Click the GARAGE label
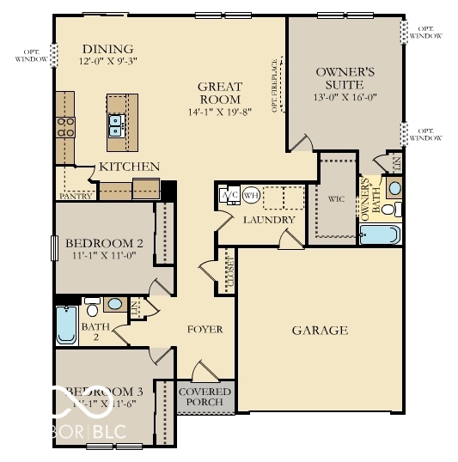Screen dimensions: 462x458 point(319,330)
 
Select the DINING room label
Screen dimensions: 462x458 point(108,49)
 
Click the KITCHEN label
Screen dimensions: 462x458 point(129,167)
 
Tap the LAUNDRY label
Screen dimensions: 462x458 point(269,220)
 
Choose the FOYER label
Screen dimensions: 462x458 point(205,329)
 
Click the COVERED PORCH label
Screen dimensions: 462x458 point(205,396)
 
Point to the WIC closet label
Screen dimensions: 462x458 point(335,198)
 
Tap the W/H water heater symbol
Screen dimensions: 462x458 point(251,195)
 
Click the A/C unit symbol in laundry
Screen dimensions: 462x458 point(229,195)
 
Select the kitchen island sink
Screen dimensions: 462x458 point(117,126)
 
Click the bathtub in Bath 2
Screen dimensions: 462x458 point(66,325)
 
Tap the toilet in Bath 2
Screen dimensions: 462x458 point(92,310)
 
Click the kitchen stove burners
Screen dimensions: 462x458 point(65,127)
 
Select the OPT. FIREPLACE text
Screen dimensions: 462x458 point(276,86)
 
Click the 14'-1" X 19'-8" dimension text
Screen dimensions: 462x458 point(220,112)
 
